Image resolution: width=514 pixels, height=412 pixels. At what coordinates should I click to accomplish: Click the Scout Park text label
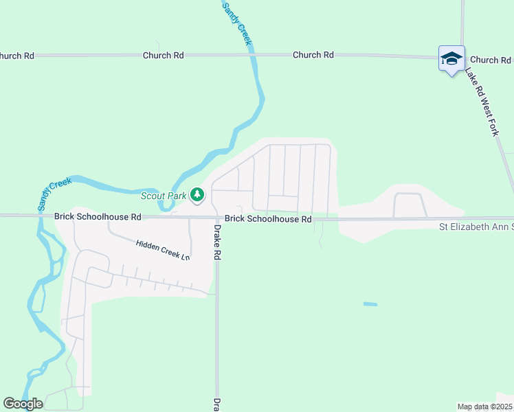point(164,196)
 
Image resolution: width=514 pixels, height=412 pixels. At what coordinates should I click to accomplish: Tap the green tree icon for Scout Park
point(197,196)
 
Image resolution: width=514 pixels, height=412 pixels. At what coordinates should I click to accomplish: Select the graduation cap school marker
point(451,59)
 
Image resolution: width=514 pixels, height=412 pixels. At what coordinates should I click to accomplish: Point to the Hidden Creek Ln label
point(162,250)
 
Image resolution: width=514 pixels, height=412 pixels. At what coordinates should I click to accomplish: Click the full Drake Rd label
point(217,242)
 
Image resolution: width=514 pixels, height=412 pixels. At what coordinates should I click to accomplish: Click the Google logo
point(23,404)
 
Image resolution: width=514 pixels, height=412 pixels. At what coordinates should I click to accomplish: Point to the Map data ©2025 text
point(484,407)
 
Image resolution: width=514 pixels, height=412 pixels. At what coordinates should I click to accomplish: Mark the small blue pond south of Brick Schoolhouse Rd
point(370,304)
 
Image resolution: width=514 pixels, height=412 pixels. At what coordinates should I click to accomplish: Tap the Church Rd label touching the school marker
point(490,60)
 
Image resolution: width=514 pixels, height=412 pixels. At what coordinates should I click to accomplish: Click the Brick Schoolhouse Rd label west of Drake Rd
point(98,216)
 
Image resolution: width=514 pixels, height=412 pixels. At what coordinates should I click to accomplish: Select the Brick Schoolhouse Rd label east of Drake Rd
point(269,219)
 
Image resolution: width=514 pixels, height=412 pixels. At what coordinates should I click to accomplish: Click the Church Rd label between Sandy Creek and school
point(313,54)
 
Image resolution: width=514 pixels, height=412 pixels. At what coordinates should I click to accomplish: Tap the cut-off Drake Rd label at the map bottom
point(216,403)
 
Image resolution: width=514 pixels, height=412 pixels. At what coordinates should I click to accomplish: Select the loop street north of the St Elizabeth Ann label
point(409,203)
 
